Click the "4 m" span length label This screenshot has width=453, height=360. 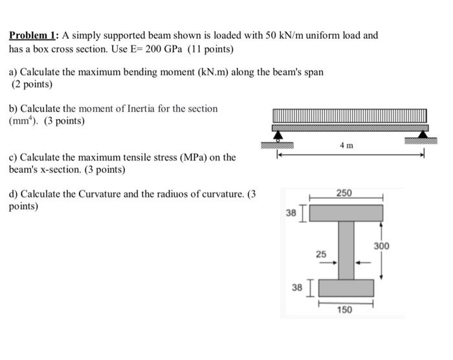tap(346, 146)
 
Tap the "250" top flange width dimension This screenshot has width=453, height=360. tap(344, 193)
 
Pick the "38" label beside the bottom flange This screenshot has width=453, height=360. tap(297, 287)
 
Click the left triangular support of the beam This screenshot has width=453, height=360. tap(278, 135)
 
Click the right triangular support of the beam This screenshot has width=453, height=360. tap(423, 135)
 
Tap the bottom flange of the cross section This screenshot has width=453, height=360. tap(346, 287)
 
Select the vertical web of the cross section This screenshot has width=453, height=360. tap(346, 250)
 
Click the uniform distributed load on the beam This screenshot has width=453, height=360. tap(349, 115)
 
